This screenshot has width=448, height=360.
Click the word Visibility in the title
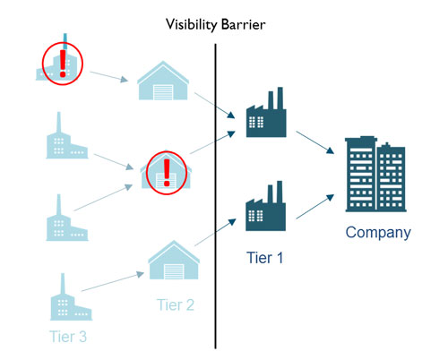(191, 25)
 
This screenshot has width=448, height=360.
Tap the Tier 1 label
(264, 258)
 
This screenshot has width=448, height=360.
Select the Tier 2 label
(176, 304)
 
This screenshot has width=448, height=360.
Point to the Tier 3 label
(68, 337)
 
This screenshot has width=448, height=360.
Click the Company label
(378, 233)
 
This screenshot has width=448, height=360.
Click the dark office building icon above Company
(375, 174)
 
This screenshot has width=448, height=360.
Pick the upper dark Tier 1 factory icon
(266, 112)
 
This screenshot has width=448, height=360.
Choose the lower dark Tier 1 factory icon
(265, 206)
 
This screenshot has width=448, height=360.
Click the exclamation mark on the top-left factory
(63, 64)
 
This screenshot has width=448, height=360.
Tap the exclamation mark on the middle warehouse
(167, 173)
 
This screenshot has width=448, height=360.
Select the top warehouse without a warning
(163, 81)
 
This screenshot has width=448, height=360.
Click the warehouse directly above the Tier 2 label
(174, 260)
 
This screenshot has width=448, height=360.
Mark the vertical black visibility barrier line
(215, 196)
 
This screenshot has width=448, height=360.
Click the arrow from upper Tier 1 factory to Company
(314, 142)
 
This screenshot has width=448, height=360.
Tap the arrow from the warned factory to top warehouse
(109, 77)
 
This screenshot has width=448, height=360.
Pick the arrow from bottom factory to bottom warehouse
(113, 281)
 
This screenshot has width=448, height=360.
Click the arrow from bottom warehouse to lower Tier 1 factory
(215, 232)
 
